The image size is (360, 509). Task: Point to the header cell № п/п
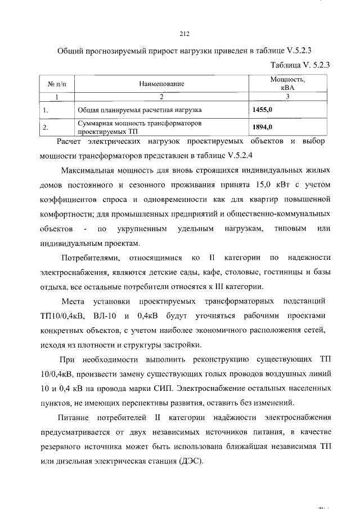tap(57, 84)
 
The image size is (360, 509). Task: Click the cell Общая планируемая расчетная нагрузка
tap(140, 110)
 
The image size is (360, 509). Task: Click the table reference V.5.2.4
tap(245, 155)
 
